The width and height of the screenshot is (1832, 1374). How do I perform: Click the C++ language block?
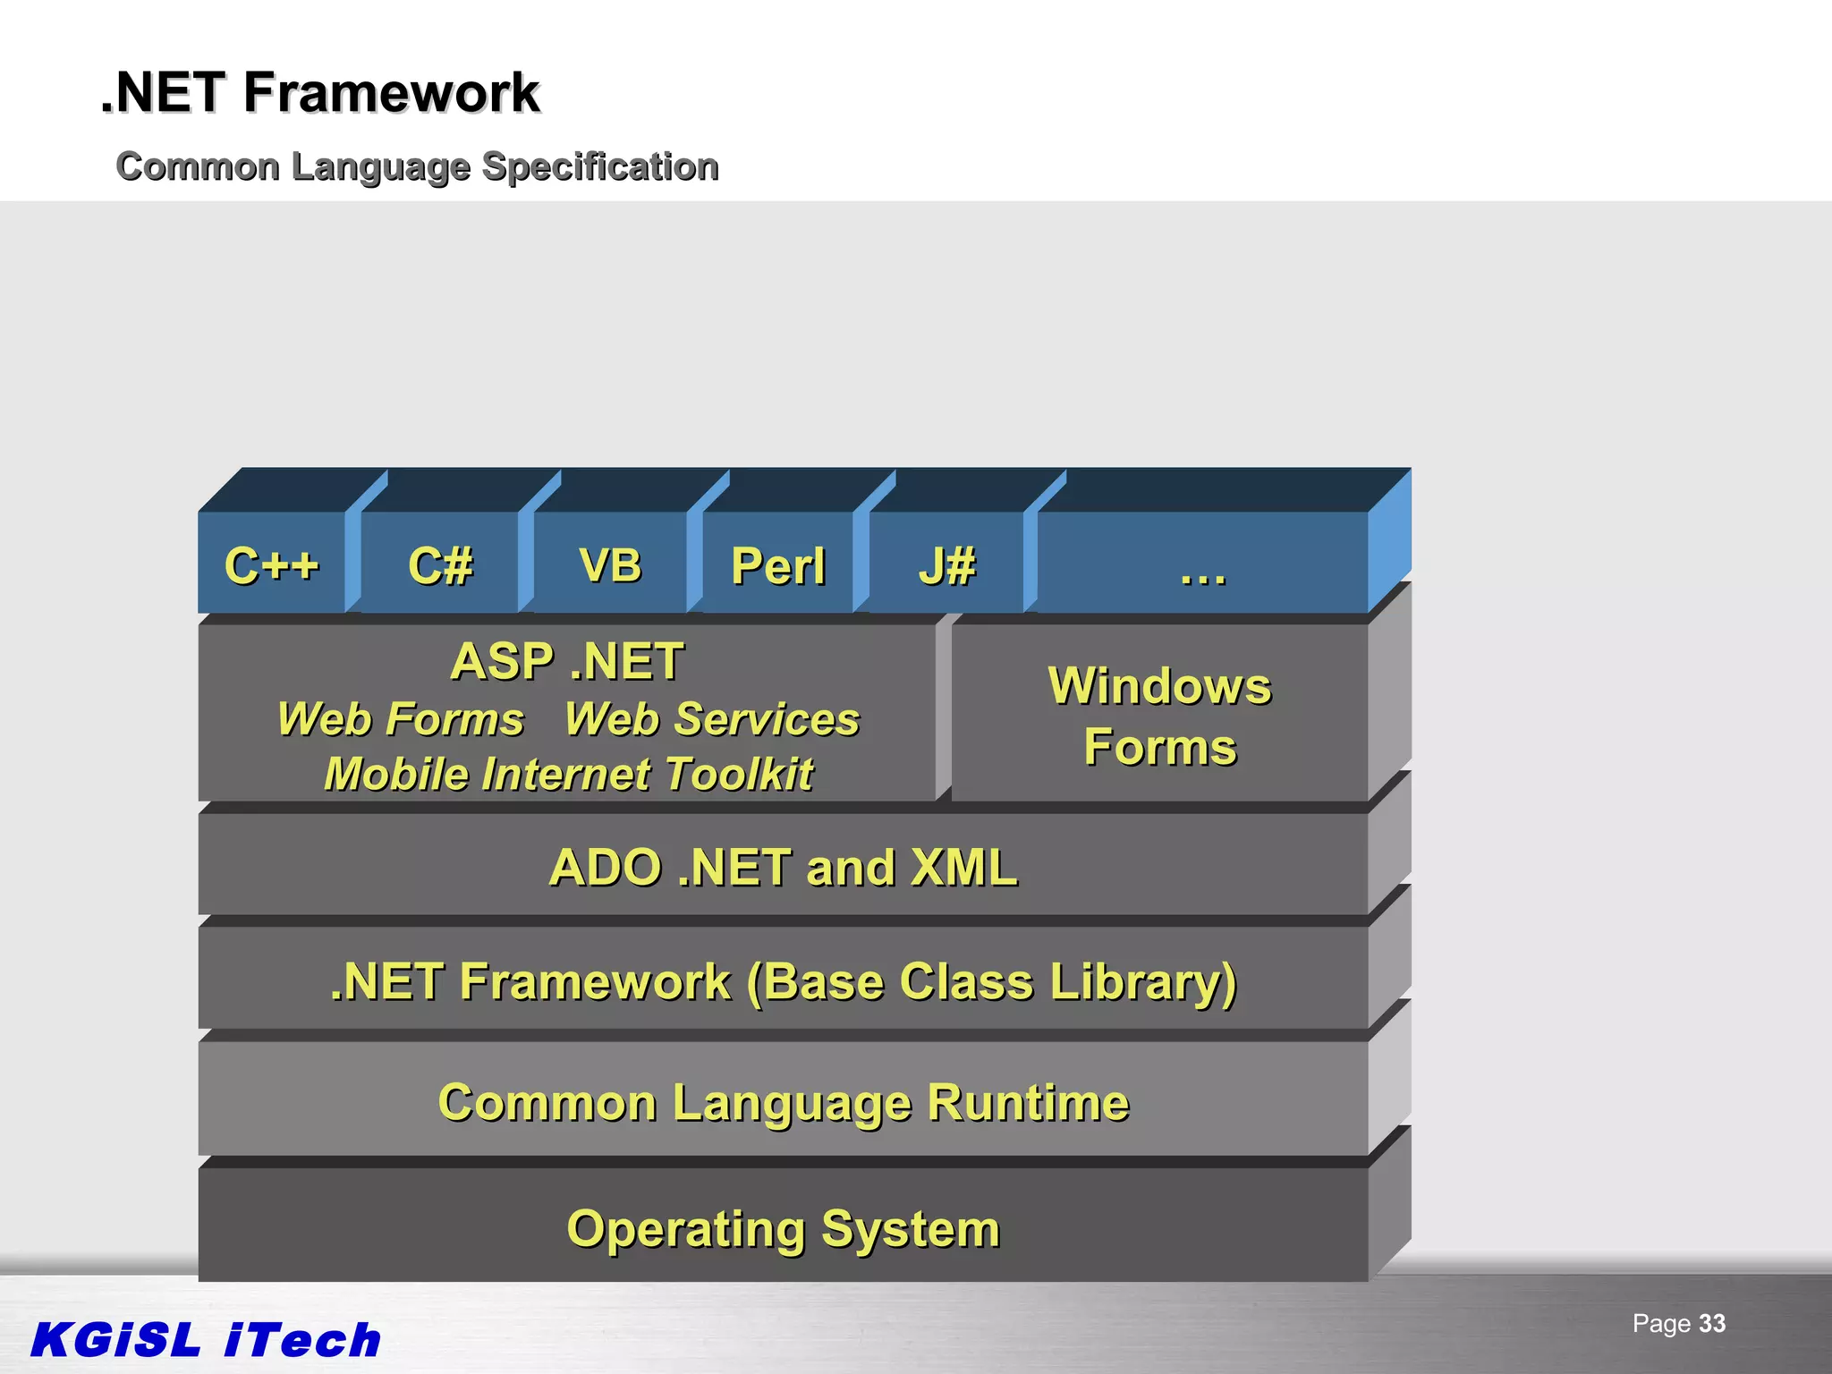click(271, 564)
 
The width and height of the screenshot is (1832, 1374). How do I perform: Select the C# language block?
click(439, 564)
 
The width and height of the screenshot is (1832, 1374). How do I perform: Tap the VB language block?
click(610, 564)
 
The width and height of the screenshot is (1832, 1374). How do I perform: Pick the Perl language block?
click(777, 564)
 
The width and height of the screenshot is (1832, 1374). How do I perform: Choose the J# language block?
click(946, 564)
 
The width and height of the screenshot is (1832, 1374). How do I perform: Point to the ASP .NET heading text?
click(567, 662)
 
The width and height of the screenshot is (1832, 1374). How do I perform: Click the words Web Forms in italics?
click(400, 719)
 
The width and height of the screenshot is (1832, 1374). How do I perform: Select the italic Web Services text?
click(712, 719)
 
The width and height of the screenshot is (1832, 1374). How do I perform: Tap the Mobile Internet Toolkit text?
click(569, 774)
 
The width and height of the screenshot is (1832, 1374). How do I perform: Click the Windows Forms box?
click(1159, 715)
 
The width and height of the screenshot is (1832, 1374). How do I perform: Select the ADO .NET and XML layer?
click(783, 867)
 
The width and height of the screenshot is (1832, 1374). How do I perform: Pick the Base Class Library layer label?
click(783, 981)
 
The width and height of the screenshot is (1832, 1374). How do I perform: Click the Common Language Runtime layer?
click(783, 1102)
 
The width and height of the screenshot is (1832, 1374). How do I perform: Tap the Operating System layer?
click(783, 1228)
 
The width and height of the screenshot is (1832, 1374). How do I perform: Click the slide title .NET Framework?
click(320, 92)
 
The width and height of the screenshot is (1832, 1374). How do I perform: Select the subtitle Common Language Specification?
click(417, 166)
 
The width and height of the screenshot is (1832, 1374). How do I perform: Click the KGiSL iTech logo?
click(206, 1339)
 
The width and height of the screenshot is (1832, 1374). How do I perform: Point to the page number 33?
click(1711, 1323)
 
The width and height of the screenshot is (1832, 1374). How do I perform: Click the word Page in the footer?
click(1661, 1323)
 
